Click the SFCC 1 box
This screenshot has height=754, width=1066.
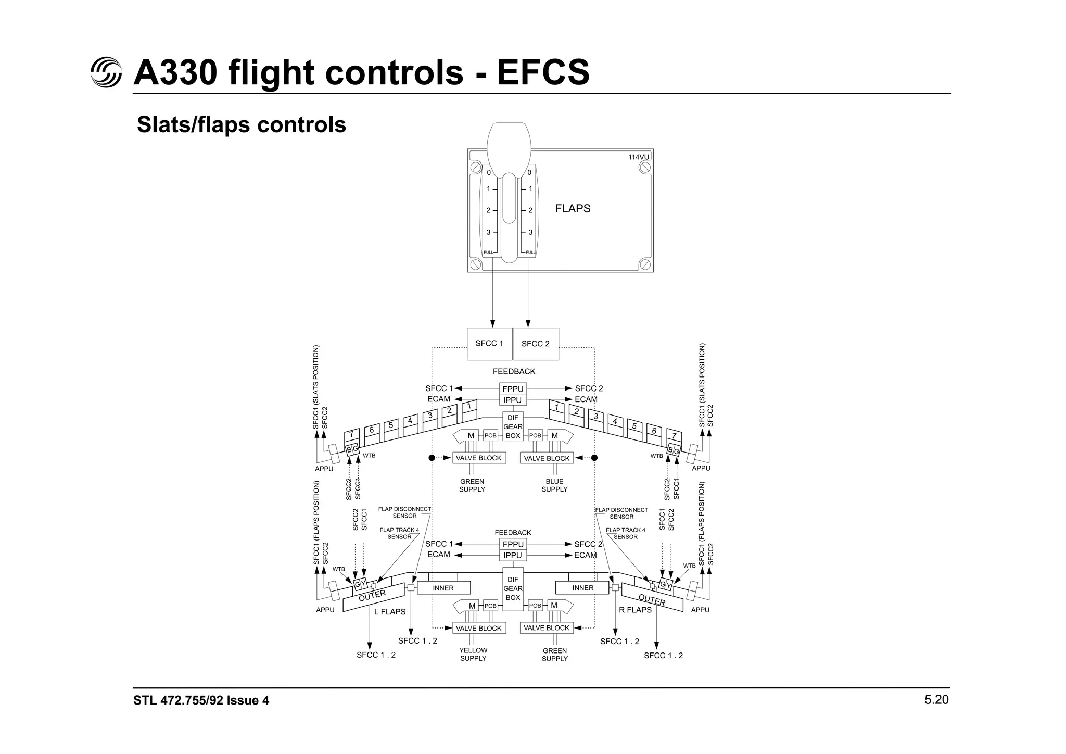(x=489, y=344)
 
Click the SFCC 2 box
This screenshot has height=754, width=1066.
(x=536, y=344)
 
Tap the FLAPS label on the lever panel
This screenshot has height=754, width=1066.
(x=573, y=209)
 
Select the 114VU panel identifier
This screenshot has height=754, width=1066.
(x=638, y=157)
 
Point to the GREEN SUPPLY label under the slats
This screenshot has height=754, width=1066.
(x=472, y=485)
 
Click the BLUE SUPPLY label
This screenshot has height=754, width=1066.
(x=554, y=485)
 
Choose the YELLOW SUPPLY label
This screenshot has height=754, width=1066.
(x=473, y=654)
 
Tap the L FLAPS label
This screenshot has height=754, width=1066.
(x=390, y=612)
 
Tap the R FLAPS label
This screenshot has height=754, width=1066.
(x=635, y=610)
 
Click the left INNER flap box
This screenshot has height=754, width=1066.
(x=443, y=588)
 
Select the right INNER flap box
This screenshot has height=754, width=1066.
(x=582, y=588)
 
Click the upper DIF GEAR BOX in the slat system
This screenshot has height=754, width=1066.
(x=513, y=426)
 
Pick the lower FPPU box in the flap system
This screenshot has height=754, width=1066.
(x=513, y=544)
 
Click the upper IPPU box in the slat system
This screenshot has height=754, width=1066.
(x=513, y=400)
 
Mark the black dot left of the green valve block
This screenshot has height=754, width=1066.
(x=432, y=458)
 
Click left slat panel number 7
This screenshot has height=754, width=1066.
(x=352, y=434)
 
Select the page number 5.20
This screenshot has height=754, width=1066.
(x=936, y=700)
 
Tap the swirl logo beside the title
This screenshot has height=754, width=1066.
(x=106, y=72)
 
